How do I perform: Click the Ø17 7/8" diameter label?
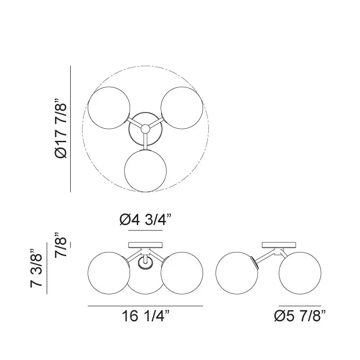coord(61,129)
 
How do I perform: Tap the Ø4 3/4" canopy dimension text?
coord(145,220)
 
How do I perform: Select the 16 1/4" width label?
coord(145,317)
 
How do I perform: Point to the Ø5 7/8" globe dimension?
coord(300,317)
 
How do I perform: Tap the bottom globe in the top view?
coord(145,171)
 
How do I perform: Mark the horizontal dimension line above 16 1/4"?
coord(145,306)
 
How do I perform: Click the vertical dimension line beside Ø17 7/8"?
coord(71,129)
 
